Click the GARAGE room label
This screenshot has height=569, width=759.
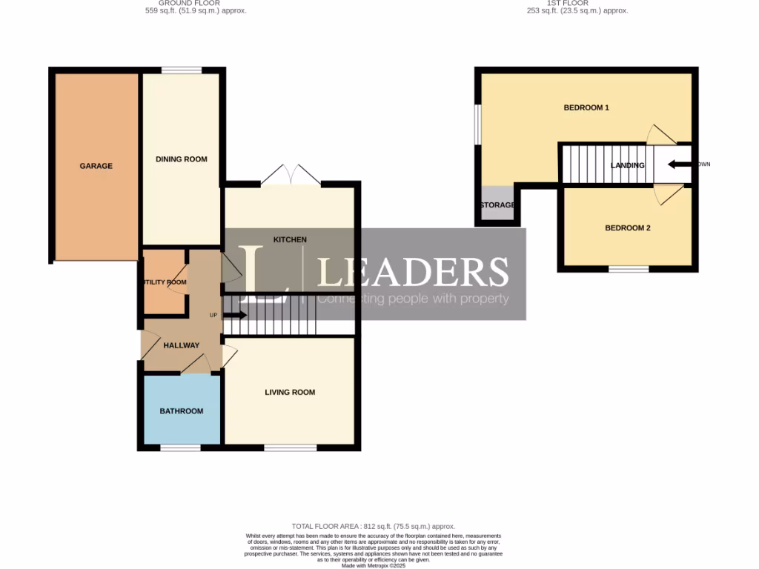point(96,166)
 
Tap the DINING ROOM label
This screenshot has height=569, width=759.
point(181,159)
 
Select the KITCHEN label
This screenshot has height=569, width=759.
point(290,239)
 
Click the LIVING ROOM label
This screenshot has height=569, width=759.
point(290,393)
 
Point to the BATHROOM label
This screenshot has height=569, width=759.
point(181,411)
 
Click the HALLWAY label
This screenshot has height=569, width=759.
point(181,345)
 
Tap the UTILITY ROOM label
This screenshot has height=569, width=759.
point(163,282)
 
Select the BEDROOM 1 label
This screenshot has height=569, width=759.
point(586,108)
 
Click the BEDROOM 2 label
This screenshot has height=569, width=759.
point(627,228)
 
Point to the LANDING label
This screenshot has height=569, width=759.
point(627,165)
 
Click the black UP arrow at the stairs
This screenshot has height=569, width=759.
point(234,315)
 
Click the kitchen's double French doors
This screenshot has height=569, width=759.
point(291,175)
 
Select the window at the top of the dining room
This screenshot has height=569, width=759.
point(182,70)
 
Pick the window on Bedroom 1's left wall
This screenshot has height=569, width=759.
point(479,124)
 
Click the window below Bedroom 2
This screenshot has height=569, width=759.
point(629,269)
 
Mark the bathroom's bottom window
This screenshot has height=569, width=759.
point(181,447)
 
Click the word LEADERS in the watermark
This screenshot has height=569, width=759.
point(413,272)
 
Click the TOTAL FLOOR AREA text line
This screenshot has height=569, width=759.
point(374,526)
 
